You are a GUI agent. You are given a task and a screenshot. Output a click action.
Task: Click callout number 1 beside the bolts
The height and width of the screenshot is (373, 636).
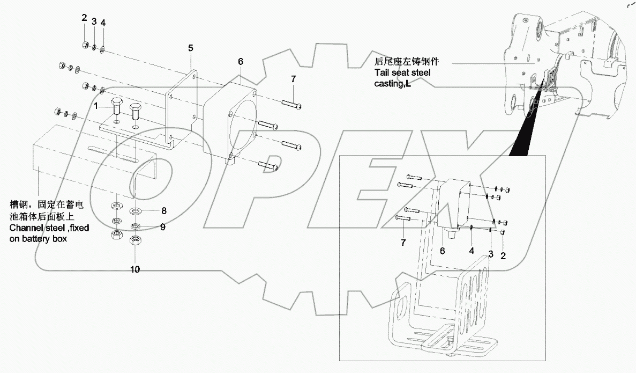click(x=96, y=106)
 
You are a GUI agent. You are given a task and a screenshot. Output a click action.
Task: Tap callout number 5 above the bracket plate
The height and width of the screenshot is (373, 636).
click(x=190, y=48)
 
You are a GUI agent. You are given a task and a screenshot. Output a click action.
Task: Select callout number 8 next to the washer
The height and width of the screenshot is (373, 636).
click(x=164, y=210)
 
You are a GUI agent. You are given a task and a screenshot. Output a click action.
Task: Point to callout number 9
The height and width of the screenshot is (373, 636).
click(x=162, y=227)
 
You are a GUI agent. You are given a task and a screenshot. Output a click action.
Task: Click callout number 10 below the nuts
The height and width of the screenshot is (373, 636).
click(x=135, y=269)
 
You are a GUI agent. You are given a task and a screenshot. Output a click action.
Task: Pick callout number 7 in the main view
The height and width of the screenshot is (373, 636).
click(x=293, y=79)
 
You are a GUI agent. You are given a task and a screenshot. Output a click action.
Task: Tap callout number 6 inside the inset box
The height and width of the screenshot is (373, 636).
click(x=443, y=250)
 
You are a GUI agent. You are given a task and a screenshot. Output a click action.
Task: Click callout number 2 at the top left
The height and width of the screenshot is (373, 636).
click(x=84, y=18)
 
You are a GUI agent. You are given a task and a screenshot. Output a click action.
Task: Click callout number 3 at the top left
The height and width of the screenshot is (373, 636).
click(x=94, y=21)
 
